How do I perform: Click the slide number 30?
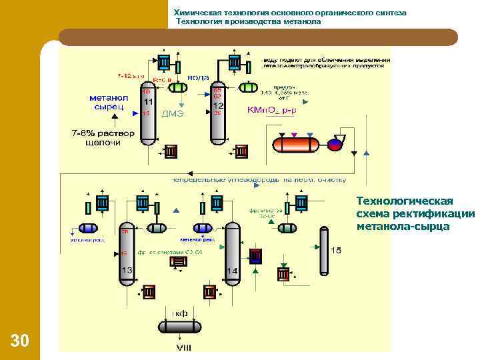(20, 341)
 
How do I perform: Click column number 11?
(148, 102)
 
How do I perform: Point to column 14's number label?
(232, 271)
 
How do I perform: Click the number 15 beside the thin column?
(337, 250)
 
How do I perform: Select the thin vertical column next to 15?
(324, 251)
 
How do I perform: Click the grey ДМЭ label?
(172, 113)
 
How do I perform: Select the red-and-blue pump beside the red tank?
(335, 143)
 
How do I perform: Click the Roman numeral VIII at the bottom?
(183, 347)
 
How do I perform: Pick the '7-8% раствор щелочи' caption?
(103, 137)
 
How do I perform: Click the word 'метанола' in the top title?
(301, 21)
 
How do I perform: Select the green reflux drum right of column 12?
(248, 87)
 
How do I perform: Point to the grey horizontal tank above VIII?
(181, 326)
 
